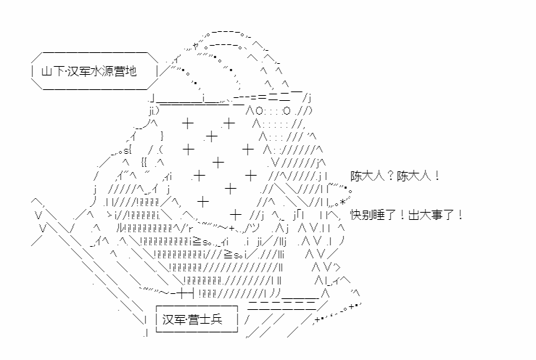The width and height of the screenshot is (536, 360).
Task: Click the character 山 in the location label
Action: pos(47,71)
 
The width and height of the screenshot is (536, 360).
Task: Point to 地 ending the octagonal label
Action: pos(131,71)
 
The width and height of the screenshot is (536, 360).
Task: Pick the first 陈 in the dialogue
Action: pos(356,176)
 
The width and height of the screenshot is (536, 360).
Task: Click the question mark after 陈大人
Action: pos(391,176)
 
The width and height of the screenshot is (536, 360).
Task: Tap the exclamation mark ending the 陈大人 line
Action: pos(437,176)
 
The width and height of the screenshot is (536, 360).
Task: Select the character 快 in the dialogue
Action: pos(356,216)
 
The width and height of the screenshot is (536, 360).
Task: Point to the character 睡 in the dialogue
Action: pos(379,216)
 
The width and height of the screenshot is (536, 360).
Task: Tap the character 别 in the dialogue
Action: pos(368,216)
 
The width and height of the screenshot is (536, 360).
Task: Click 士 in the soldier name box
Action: pos(205,319)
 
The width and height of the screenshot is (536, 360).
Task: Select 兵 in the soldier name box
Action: pos(217,319)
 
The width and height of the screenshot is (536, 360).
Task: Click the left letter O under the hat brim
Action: pos(259,111)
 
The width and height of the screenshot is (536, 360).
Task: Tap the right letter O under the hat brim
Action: pos(286,111)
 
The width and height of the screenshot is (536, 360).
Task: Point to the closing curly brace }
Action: pos(162,136)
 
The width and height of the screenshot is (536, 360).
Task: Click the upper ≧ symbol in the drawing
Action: pos(197,242)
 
